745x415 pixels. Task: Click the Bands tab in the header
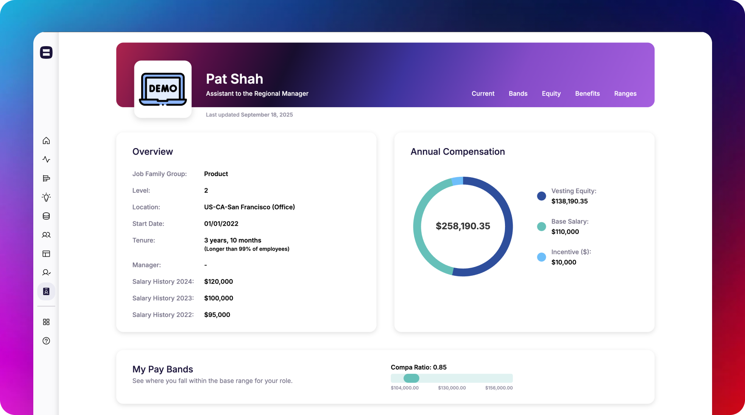tap(518, 94)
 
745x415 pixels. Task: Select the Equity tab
tap(551, 94)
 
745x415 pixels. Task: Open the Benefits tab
tap(587, 94)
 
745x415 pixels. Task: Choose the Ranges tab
tap(625, 94)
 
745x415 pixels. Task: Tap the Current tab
tap(483, 94)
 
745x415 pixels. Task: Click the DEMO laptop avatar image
tap(163, 89)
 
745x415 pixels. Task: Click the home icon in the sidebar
tap(46, 141)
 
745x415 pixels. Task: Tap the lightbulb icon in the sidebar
tap(46, 197)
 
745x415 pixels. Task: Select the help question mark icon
tap(46, 341)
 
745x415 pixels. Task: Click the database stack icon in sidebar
tap(46, 216)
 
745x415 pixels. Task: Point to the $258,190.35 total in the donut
tap(463, 226)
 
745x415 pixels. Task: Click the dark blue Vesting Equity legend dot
tap(541, 196)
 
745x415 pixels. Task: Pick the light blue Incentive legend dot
tap(541, 257)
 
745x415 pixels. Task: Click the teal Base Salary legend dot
tap(541, 226)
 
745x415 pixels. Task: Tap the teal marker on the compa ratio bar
tap(411, 378)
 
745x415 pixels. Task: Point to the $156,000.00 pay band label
tap(499, 388)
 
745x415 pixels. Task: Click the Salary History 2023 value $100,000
tap(218, 298)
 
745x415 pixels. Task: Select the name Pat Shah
tap(234, 79)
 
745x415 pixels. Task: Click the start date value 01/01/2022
tap(221, 224)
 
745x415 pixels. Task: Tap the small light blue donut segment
tap(458, 181)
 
